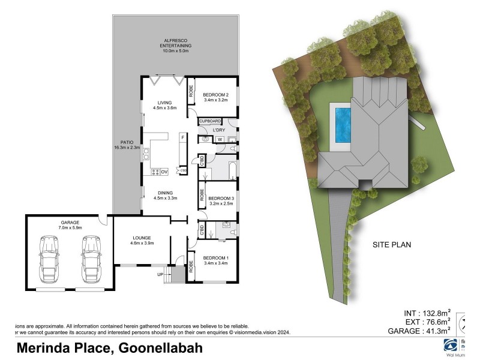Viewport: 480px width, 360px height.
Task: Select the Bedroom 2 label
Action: [215, 98]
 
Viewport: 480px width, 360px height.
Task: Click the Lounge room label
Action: [142, 240]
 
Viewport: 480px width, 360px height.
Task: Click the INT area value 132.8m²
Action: [427, 313]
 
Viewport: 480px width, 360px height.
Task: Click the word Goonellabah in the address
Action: [161, 348]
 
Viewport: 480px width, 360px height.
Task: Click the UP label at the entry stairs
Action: [160, 274]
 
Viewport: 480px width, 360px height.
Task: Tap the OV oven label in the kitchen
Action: [164, 172]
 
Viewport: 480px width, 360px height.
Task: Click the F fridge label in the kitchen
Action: [183, 137]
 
